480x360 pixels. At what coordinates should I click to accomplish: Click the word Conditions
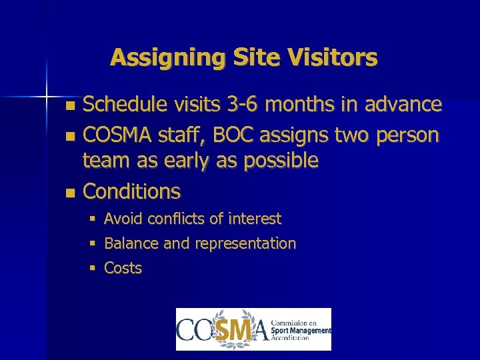point(131,192)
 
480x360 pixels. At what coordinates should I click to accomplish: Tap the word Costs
point(123,269)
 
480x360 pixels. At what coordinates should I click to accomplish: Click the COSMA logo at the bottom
point(253,329)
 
